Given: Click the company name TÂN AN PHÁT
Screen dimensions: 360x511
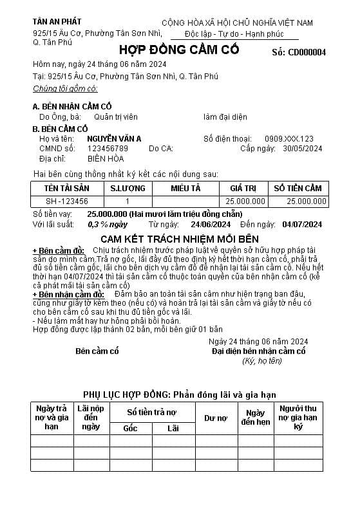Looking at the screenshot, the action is (x=57, y=21).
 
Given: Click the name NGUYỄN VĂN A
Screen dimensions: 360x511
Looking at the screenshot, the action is (x=114, y=138).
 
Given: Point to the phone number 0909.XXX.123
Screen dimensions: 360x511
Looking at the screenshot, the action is (x=289, y=138).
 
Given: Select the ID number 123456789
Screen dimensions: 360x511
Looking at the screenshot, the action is (x=108, y=148).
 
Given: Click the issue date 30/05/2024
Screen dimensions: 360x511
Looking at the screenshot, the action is (x=302, y=148).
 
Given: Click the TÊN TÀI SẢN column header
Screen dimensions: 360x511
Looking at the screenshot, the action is (x=66, y=188).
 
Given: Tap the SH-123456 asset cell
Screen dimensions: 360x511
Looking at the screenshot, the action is (x=66, y=201).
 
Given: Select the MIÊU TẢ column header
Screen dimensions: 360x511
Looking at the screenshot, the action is (x=185, y=188).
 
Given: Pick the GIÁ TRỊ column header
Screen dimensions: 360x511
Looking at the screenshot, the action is (x=243, y=188).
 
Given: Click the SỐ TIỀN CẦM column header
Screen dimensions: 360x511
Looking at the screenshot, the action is (x=298, y=188).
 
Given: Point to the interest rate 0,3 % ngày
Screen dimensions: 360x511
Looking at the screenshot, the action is (x=108, y=225).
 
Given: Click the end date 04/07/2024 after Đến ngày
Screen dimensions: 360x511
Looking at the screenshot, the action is (x=302, y=225).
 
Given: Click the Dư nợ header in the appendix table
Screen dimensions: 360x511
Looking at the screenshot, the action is (x=216, y=418).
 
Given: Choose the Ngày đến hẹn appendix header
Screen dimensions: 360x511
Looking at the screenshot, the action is (x=256, y=418).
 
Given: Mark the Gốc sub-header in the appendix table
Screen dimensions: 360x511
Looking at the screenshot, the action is (x=130, y=428).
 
